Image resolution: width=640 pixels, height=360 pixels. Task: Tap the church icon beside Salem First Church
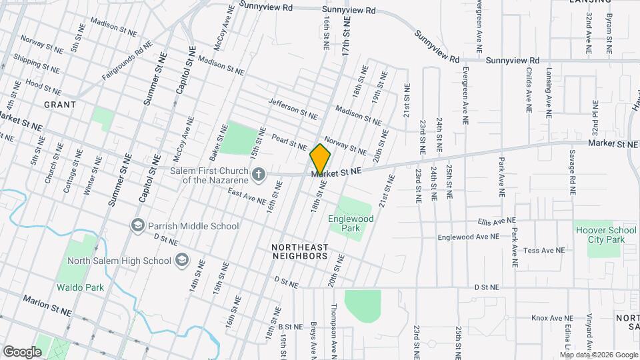pyautogui.click(x=259, y=175)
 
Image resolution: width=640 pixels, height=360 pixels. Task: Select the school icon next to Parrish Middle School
pyautogui.click(x=137, y=225)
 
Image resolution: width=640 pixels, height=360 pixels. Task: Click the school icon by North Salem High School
pyautogui.click(x=181, y=261)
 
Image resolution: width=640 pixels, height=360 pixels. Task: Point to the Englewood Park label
pyautogui.click(x=351, y=223)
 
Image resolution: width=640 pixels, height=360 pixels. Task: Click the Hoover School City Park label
pyautogui.click(x=606, y=235)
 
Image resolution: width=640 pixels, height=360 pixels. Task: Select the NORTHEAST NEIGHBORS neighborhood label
pyautogui.click(x=299, y=251)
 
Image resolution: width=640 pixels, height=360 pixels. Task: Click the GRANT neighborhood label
pyautogui.click(x=59, y=105)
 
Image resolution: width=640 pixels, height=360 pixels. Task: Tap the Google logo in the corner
pyautogui.click(x=22, y=351)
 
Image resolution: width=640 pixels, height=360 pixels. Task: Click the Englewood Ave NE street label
pyautogui.click(x=468, y=237)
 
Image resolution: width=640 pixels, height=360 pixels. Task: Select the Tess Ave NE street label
pyautogui.click(x=544, y=251)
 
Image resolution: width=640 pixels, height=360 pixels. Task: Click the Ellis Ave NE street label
pyautogui.click(x=497, y=221)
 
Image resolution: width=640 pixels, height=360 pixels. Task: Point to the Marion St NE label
pyautogui.click(x=47, y=306)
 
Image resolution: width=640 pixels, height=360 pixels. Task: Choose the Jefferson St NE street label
pyautogui.click(x=293, y=109)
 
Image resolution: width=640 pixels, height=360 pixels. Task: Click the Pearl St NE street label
pyautogui.click(x=289, y=142)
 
